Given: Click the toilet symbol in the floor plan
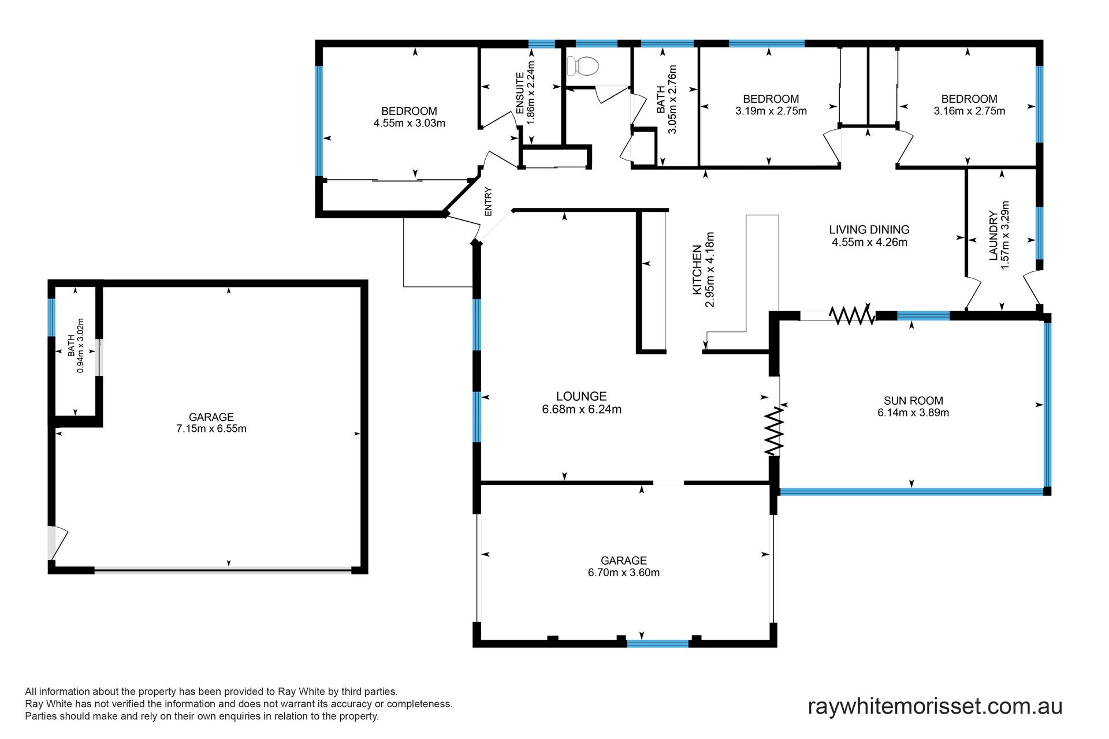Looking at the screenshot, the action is [582, 66].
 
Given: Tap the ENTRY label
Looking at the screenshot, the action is [488, 201].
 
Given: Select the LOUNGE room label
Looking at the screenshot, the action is [581, 396].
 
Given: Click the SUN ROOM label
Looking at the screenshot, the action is [913, 401].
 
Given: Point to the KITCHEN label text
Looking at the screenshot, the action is [697, 270].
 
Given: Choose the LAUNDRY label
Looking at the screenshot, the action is [993, 236].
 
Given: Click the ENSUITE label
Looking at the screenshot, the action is [520, 93].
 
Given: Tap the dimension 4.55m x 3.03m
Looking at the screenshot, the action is [409, 123].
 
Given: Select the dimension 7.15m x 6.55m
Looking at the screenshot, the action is [211, 429].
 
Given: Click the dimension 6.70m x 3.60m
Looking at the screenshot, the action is [624, 573].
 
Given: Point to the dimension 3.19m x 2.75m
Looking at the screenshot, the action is [771, 111].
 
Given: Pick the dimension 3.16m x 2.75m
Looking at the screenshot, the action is [969, 111].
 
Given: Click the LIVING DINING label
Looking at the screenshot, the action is [869, 230].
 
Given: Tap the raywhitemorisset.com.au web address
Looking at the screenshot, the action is [935, 706].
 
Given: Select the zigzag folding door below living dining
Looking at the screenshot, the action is [852, 315].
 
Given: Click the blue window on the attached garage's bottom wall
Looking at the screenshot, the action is [658, 643].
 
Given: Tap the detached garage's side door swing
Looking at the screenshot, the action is [58, 543].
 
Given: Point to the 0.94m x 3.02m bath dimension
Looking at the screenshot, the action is [81, 346].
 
